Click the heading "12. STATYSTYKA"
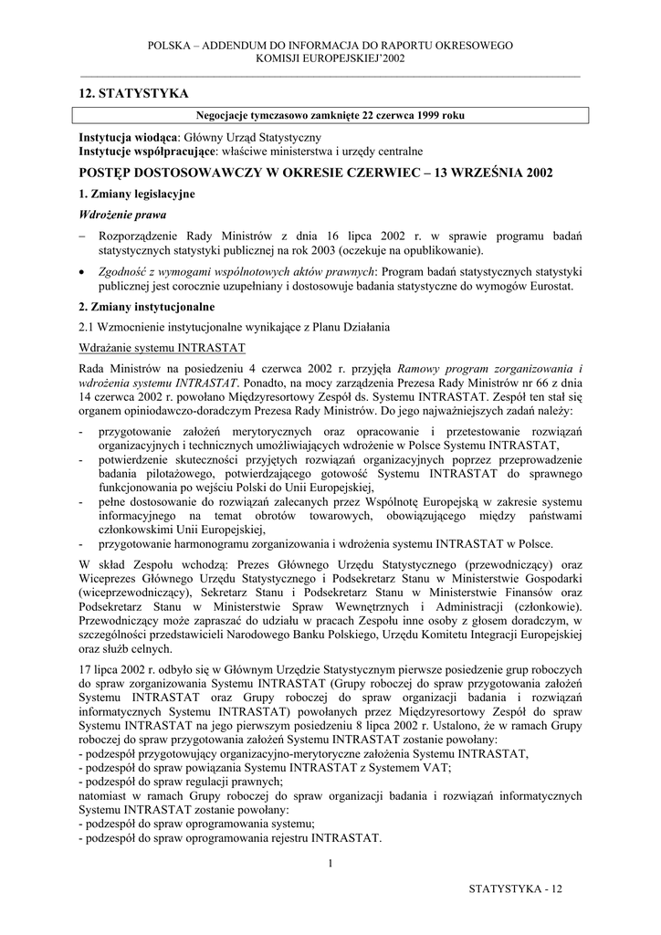point(134,94)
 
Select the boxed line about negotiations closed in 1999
point(330,116)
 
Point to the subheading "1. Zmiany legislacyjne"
point(136,194)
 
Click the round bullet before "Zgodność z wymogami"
point(83,272)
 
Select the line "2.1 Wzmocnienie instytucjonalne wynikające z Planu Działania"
point(235,327)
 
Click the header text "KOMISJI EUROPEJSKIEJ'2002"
point(330,58)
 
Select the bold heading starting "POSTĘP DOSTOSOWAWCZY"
point(316,172)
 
